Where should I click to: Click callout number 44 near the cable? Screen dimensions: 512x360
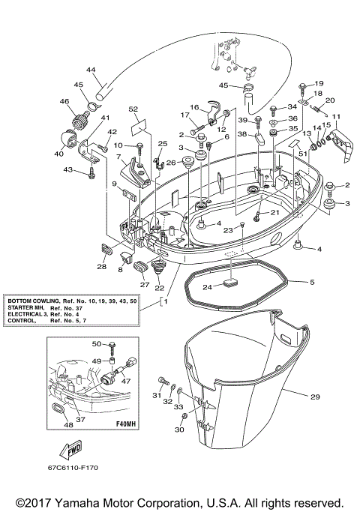[92, 70]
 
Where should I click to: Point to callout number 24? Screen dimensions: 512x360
[210, 285]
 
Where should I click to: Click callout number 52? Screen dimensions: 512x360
[134, 108]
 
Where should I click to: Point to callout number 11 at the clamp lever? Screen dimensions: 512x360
[336, 116]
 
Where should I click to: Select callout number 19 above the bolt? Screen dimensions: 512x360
[319, 83]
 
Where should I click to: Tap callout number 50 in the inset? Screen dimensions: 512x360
[96, 343]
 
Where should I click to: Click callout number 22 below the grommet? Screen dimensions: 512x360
[159, 289]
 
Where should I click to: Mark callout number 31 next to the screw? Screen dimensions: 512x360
[157, 395]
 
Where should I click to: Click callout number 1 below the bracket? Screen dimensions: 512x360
[166, 301]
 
